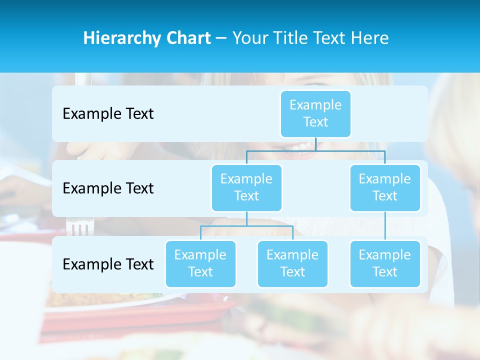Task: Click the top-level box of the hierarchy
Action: pyautogui.click(x=315, y=113)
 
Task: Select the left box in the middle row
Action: pyautogui.click(x=246, y=187)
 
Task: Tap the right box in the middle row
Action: pyautogui.click(x=385, y=187)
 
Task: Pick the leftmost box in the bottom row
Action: pyautogui.click(x=200, y=263)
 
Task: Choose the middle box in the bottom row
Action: pyautogui.click(x=292, y=263)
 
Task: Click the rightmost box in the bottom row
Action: pyautogui.click(x=385, y=263)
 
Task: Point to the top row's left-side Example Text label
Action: pyautogui.click(x=108, y=114)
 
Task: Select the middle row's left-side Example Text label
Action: pyautogui.click(x=108, y=188)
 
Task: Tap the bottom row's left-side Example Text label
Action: pyautogui.click(x=108, y=264)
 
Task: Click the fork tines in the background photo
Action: pyautogui.click(x=79, y=228)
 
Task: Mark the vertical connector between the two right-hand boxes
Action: pyautogui.click(x=385, y=226)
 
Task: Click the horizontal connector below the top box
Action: pyautogui.click(x=315, y=150)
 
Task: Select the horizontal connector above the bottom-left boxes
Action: pyautogui.click(x=246, y=226)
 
